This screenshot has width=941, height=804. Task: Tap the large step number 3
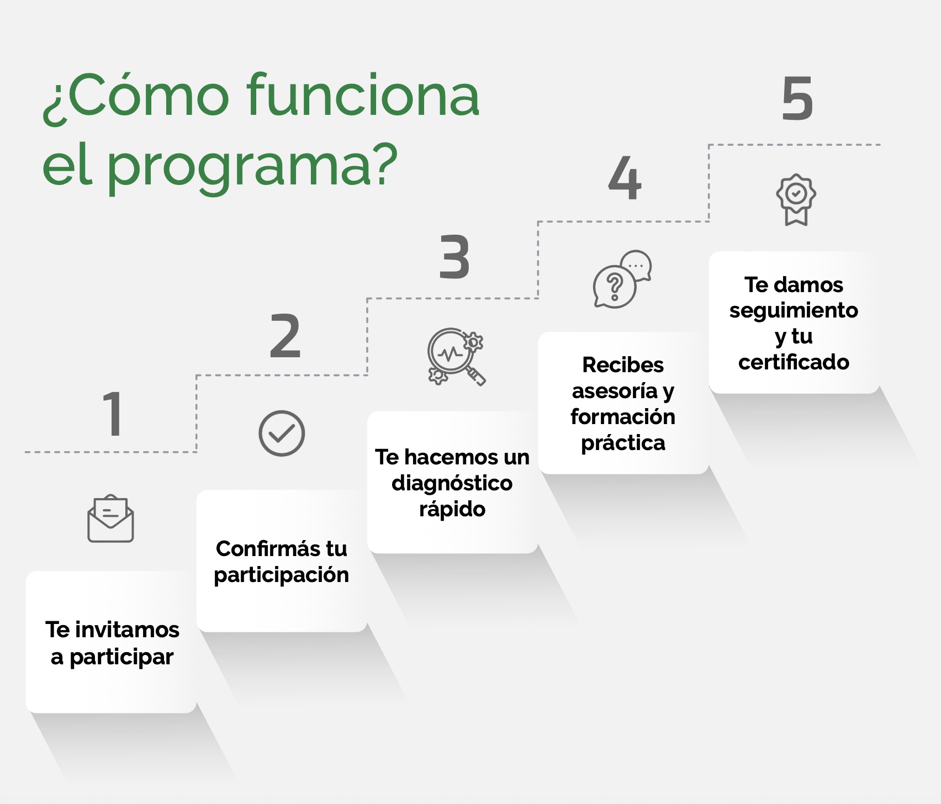coord(454,257)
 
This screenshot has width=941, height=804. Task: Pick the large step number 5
coord(797,99)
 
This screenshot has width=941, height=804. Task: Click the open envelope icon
coord(110,519)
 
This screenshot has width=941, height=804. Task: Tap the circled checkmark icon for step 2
coord(282,433)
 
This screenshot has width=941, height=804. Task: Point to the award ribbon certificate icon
coord(796,200)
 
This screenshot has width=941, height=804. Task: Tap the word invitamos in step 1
coord(127,629)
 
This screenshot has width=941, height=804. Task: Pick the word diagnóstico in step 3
coord(452,483)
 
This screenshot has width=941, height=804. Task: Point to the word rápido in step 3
coord(452,509)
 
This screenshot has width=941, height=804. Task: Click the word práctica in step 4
coord(623,443)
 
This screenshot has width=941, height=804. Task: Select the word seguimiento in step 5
coord(794,310)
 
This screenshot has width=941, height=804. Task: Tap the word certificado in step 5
coord(794,362)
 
